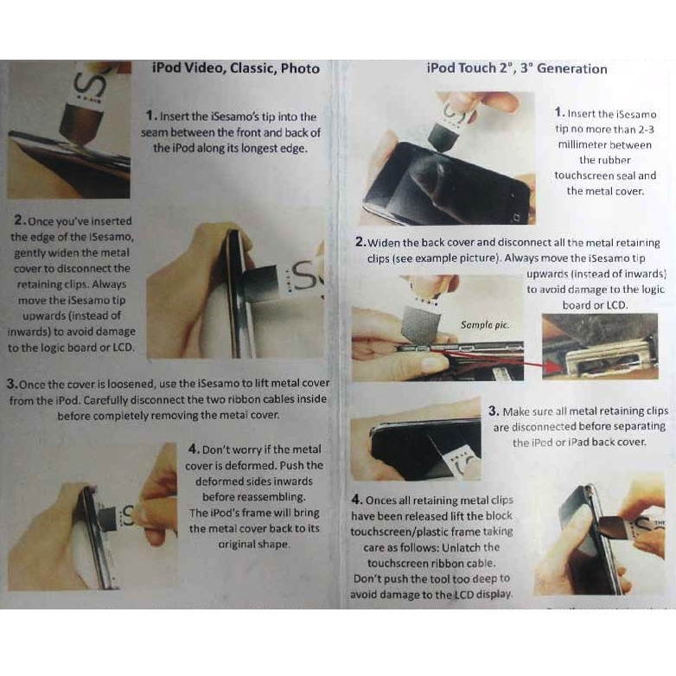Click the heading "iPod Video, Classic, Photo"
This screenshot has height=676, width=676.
[x=235, y=68]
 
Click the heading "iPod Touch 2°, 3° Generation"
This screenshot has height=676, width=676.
[x=516, y=68]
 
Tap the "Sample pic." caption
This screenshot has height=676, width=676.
[x=485, y=325]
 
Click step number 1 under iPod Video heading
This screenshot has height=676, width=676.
[x=150, y=116]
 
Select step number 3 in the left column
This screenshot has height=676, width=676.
[x=12, y=383]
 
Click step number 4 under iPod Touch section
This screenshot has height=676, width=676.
[x=357, y=500]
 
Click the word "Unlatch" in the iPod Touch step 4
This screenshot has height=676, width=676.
[x=480, y=547]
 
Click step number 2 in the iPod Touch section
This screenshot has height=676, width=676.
[x=360, y=243]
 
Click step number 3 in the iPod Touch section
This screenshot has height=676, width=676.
[x=494, y=411]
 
